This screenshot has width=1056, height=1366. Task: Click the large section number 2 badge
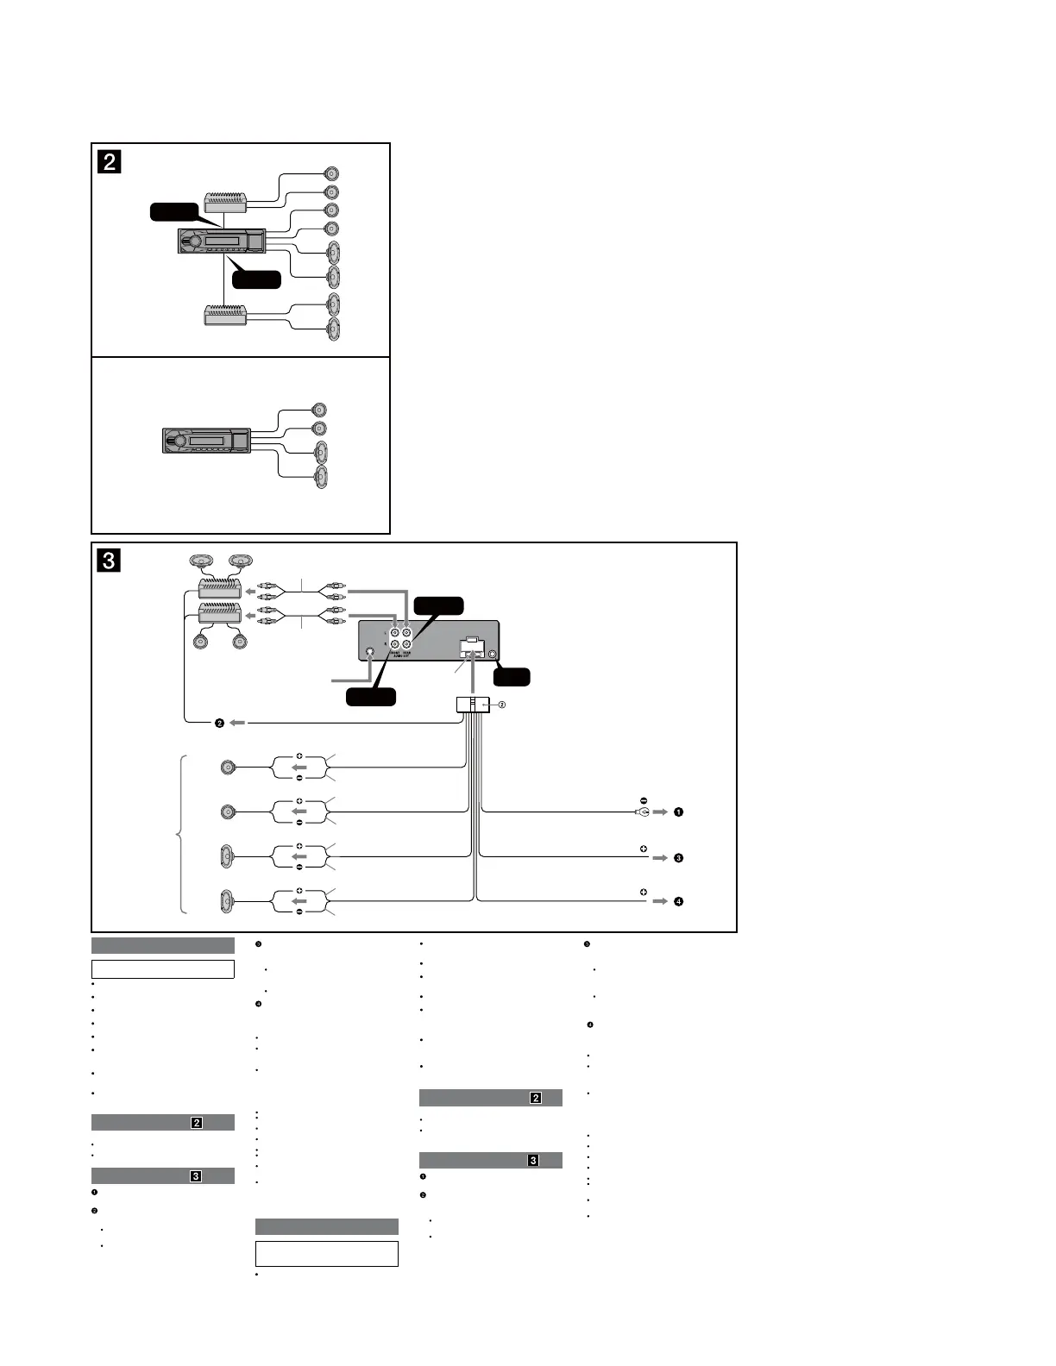(110, 161)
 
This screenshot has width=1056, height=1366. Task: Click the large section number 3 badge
(109, 561)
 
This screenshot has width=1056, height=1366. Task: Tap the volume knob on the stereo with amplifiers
(195, 241)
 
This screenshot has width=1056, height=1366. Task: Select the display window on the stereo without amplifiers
(208, 442)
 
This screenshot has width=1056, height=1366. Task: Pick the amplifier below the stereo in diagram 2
(225, 315)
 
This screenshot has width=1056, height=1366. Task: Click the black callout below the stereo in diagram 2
(256, 279)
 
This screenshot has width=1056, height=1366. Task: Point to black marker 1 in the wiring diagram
(679, 811)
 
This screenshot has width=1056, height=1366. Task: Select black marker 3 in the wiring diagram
(679, 858)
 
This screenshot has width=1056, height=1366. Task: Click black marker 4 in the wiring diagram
(679, 901)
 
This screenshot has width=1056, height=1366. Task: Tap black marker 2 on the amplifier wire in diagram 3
(219, 723)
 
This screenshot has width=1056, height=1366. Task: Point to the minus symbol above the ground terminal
(644, 799)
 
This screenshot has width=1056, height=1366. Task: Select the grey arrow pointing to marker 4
(660, 901)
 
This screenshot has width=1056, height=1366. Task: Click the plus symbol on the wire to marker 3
(644, 849)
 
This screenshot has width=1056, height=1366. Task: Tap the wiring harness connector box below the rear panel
(472, 705)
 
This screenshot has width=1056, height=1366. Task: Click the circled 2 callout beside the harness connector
(502, 705)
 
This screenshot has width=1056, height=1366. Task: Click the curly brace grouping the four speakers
(179, 833)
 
